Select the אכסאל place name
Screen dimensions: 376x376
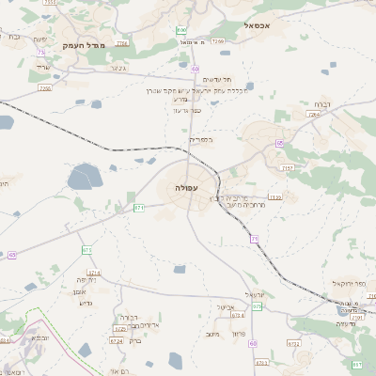pyautogui.click(x=256, y=26)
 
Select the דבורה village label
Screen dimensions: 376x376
pyautogui.click(x=130, y=318)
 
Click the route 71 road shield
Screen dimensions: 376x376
pyautogui.click(x=254, y=239)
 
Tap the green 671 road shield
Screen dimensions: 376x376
pyautogui.click(x=139, y=208)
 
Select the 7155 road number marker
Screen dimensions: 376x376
pyautogui.click(x=287, y=168)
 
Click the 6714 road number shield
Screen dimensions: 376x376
pyautogui.click(x=94, y=273)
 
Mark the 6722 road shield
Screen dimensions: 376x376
pyautogui.click(x=293, y=344)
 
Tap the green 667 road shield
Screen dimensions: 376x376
pyautogui.click(x=357, y=364)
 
